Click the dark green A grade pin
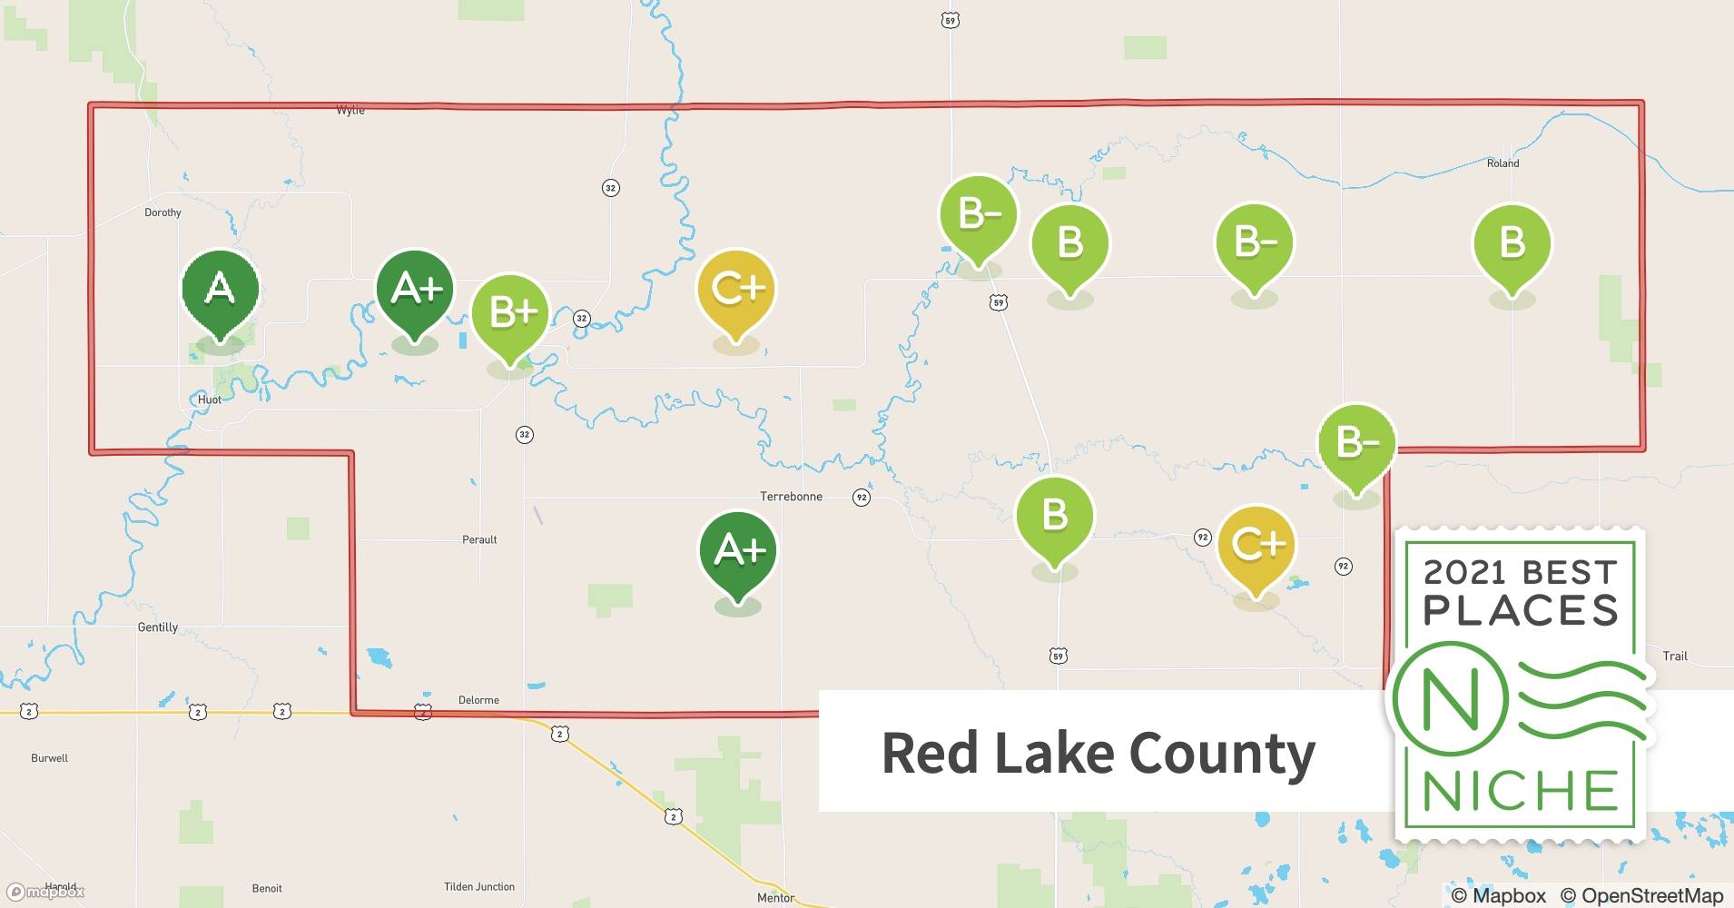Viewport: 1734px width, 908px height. click(220, 291)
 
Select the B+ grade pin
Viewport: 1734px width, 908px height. click(510, 314)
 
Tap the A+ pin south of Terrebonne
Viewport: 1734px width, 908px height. click(737, 551)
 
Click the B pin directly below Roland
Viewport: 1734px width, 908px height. click(1512, 244)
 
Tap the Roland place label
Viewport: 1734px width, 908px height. click(1502, 163)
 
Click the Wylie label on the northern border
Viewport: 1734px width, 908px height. click(350, 111)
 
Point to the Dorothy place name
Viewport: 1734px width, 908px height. click(163, 212)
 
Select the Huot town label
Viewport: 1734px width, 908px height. click(209, 400)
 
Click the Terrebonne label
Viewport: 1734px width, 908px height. click(791, 497)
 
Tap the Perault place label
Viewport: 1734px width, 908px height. click(479, 539)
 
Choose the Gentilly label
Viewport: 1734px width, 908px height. click(157, 627)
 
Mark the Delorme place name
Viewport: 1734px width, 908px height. click(478, 700)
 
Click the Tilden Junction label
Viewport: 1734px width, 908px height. click(479, 887)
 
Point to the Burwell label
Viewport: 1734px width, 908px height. click(49, 758)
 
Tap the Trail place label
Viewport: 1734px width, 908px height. click(1675, 656)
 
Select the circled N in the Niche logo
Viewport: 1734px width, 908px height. click(1450, 699)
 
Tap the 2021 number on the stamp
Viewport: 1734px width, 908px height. click(1466, 572)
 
